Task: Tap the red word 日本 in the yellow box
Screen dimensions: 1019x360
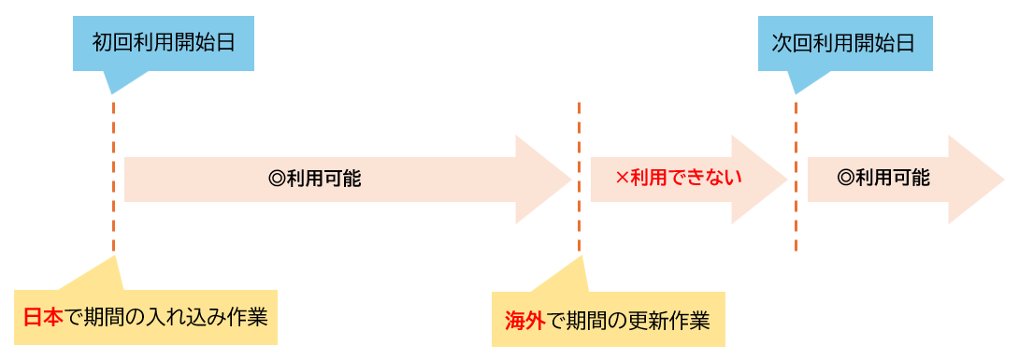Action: pos(43,317)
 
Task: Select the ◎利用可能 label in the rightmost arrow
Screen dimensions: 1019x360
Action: pos(883,178)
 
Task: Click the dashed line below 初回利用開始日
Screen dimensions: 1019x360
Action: pos(114,178)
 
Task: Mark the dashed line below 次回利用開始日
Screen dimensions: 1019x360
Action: pos(796,178)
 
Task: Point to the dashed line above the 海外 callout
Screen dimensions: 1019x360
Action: pos(579,178)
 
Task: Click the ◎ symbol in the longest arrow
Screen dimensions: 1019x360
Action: pos(275,178)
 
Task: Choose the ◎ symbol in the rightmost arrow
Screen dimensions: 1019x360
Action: pos(845,178)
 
